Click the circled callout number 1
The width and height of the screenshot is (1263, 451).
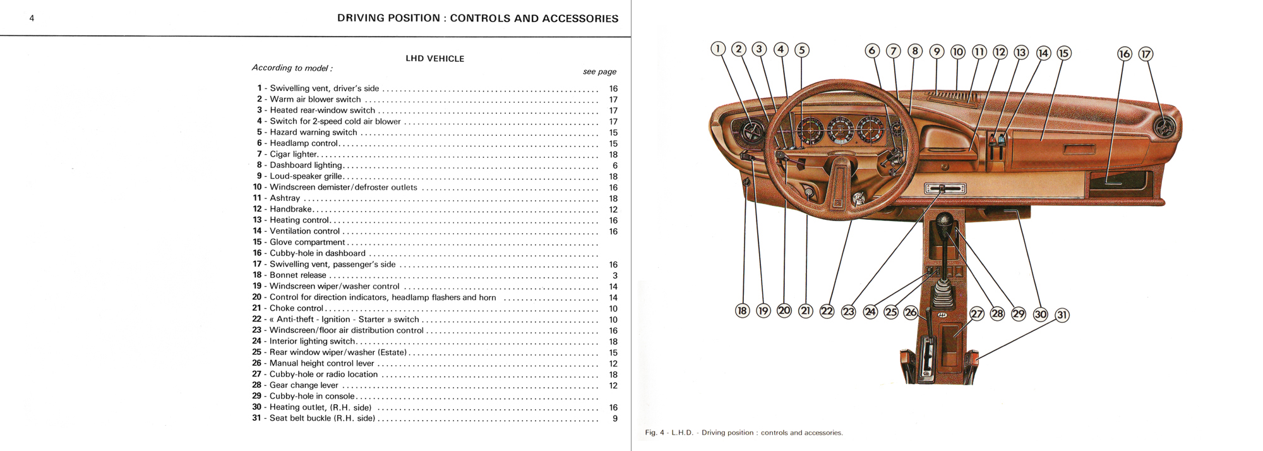coord(717,49)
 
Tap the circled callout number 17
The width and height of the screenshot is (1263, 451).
coord(1146,54)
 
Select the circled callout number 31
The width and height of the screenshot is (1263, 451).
coord(1062,315)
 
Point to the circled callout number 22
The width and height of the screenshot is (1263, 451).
coord(827,311)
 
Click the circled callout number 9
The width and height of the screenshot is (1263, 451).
coord(937,52)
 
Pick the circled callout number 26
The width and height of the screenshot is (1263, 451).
coord(911,312)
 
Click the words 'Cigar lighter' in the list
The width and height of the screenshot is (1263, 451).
coord(293,154)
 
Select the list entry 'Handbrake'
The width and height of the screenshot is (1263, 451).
coord(290,209)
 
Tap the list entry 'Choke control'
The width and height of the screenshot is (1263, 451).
coord(296,308)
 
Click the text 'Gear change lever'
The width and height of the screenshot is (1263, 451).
coord(304,385)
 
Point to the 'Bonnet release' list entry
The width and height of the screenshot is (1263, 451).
coord(297,275)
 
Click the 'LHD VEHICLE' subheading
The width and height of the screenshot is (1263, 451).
coord(434,59)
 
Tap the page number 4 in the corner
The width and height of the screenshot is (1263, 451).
coord(32,18)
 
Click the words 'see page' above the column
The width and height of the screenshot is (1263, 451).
coord(599,72)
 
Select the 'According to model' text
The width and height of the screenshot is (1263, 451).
coord(292,68)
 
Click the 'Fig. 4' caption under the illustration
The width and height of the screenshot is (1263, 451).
coord(743,433)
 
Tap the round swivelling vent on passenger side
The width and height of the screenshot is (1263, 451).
coord(1164,127)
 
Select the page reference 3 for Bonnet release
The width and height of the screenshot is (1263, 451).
coord(614,276)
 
